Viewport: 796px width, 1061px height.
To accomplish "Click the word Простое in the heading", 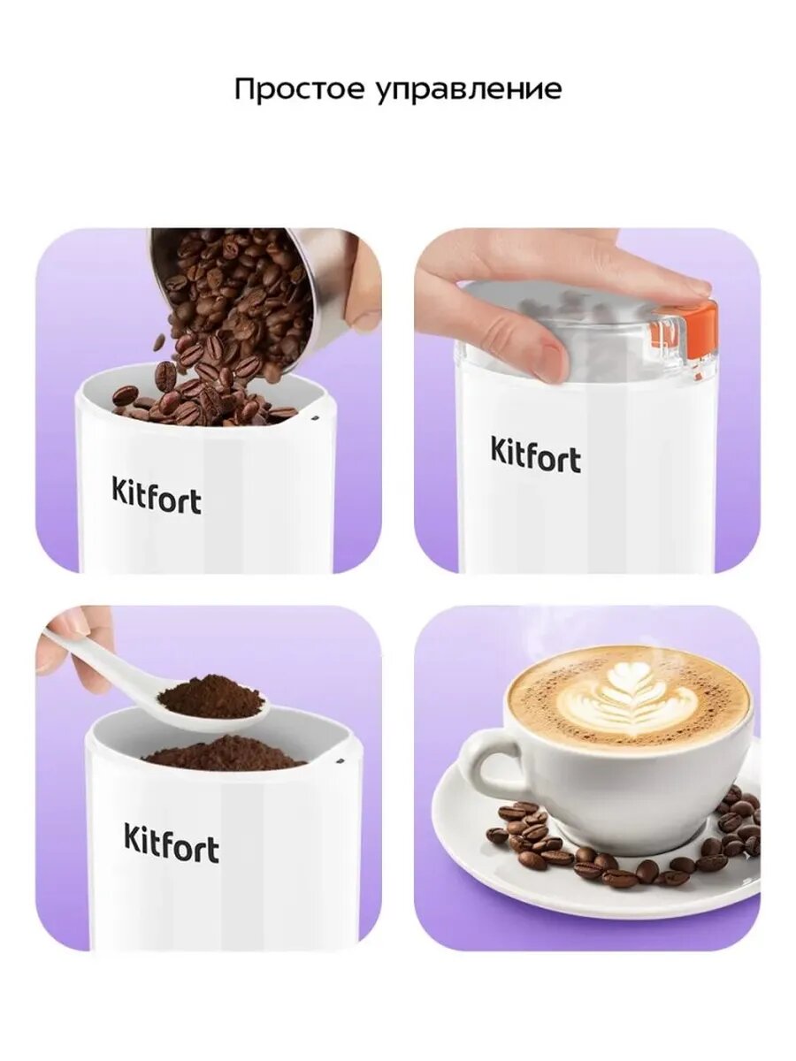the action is coord(298,89).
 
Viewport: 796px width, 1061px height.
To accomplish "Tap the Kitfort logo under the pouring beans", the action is coord(157,495).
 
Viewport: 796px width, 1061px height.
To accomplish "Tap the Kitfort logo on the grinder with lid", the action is coord(535,454).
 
